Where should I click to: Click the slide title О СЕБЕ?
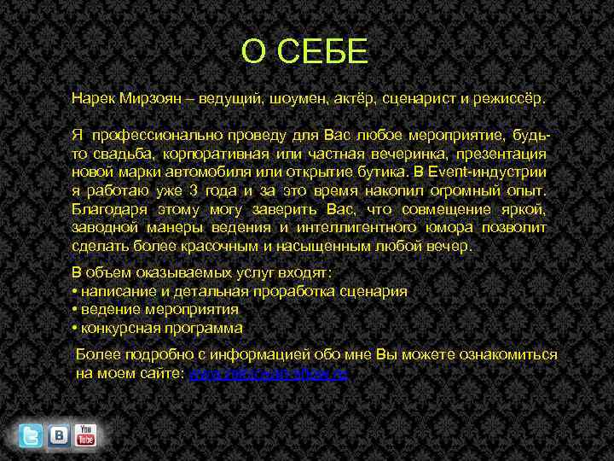pos(304,52)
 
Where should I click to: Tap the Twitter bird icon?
pos(31,435)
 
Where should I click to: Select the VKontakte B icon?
pos(59,435)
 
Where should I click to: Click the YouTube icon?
pos(85,435)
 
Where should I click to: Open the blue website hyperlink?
pos(268,373)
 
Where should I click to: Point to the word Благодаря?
pos(108,209)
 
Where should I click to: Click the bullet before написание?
pos(75,291)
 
